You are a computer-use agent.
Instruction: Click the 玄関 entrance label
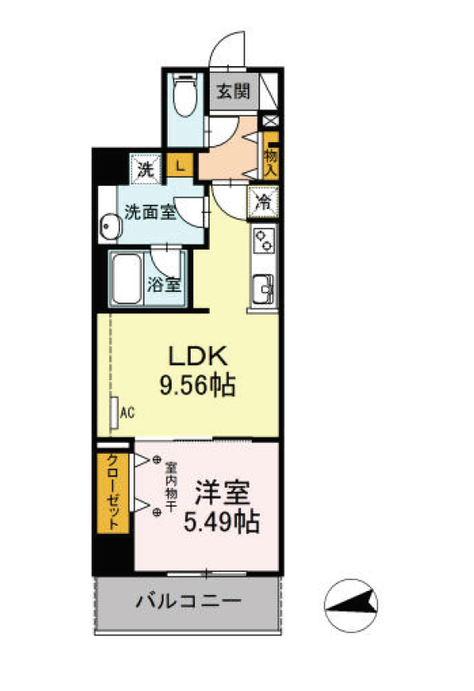point(233,92)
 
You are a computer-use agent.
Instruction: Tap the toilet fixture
point(184,98)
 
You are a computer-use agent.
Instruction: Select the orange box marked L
point(179,165)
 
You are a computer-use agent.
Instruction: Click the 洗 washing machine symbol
point(145,170)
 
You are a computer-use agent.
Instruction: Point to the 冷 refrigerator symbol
point(264,201)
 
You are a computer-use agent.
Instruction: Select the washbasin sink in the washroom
point(108,226)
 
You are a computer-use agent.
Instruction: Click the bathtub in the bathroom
point(127,279)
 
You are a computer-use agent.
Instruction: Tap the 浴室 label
point(164,286)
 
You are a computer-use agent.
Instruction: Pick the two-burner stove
point(264,241)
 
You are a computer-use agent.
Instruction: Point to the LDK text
point(197,356)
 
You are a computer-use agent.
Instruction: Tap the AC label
point(126,410)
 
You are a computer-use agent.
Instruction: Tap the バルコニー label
point(188,601)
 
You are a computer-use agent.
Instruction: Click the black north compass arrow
point(351,608)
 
